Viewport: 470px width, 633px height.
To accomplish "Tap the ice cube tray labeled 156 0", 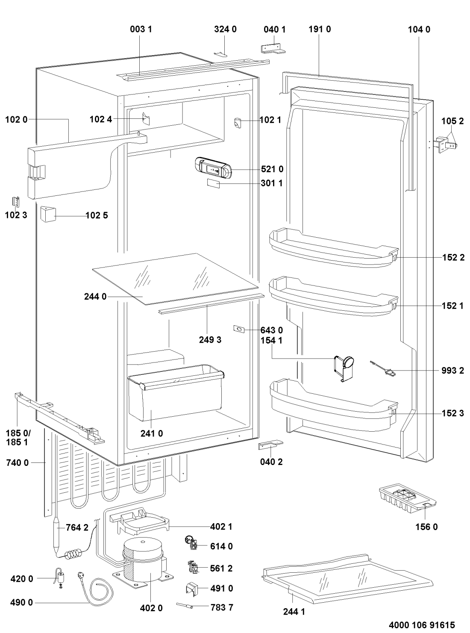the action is (x=407, y=501).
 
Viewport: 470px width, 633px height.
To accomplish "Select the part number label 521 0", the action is (x=272, y=169).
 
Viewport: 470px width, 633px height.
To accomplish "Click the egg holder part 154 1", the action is (x=344, y=367).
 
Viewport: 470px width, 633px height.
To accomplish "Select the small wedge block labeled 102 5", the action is (x=48, y=214).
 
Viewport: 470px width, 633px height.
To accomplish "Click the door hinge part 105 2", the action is (x=445, y=145).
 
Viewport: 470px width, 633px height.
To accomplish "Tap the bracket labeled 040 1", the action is (x=273, y=48).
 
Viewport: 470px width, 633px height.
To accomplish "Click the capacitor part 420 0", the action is (x=59, y=577).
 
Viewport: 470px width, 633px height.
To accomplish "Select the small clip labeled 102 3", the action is (x=16, y=201).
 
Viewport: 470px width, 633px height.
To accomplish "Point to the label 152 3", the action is (x=452, y=413).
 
